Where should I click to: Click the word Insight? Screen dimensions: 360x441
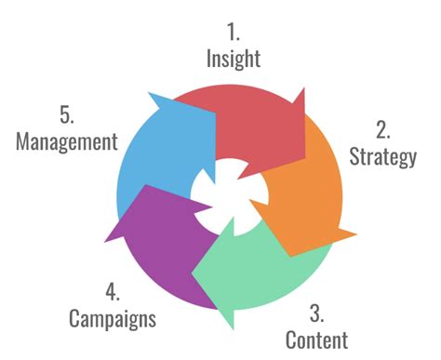coord(234,58)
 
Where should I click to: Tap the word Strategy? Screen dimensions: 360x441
coord(382,156)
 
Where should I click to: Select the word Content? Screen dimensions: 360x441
coord(316,340)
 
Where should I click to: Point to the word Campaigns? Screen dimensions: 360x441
coord(113,318)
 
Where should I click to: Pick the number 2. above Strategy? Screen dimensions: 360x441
coord(382,127)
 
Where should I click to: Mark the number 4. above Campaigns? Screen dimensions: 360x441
coord(113,289)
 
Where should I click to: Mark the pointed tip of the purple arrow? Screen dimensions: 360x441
coord(108,237)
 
